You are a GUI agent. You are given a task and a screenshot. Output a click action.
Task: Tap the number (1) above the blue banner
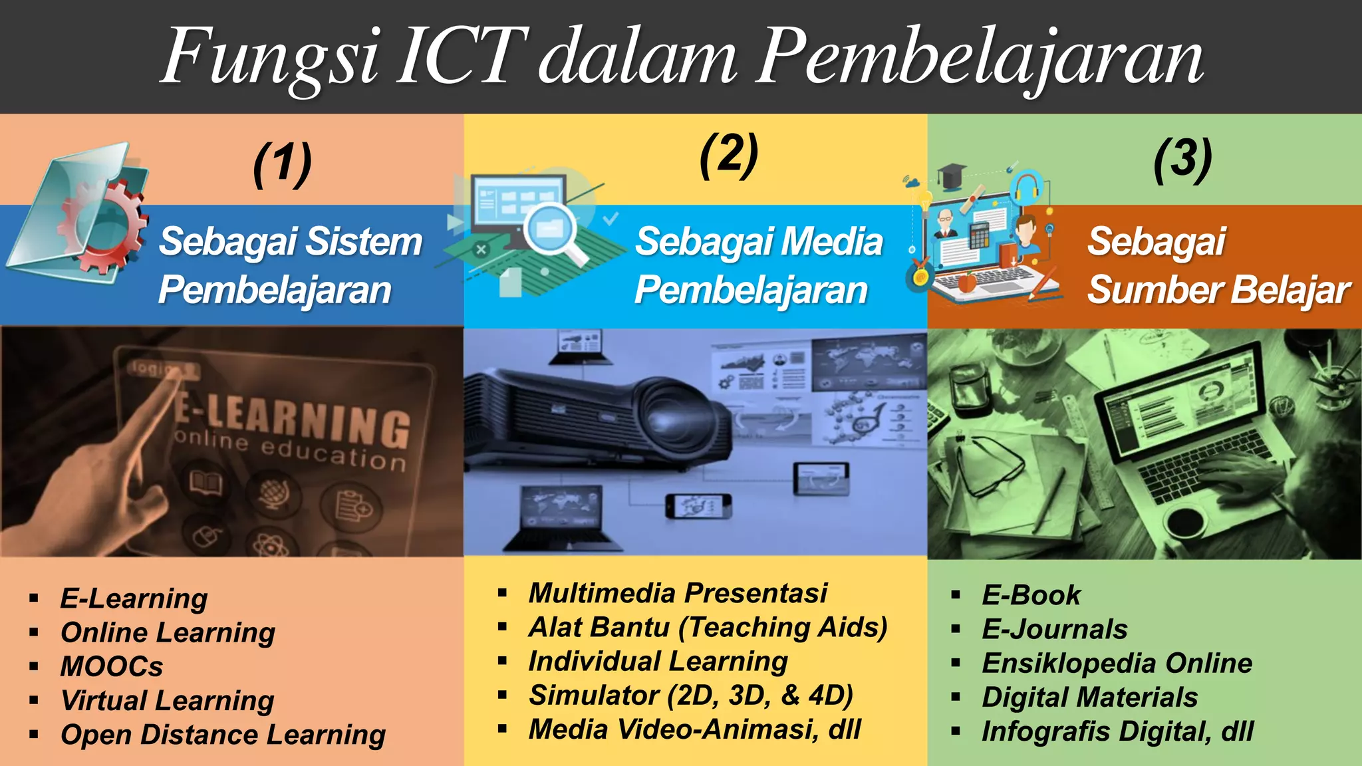coord(282,164)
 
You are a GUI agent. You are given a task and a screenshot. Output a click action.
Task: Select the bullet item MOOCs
coord(112,666)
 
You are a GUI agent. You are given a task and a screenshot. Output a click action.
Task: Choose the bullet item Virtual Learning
coord(167,700)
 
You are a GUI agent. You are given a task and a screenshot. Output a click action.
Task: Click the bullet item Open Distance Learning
coord(223,735)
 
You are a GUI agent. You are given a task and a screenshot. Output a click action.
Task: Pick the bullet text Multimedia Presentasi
coord(678,593)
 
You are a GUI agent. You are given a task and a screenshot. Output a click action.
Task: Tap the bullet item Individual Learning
coord(658,662)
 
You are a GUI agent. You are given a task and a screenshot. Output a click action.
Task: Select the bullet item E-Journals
coord(1055,629)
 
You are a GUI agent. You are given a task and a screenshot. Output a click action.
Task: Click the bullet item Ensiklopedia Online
coord(1117,664)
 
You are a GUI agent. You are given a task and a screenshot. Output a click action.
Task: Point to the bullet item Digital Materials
coord(1090,698)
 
